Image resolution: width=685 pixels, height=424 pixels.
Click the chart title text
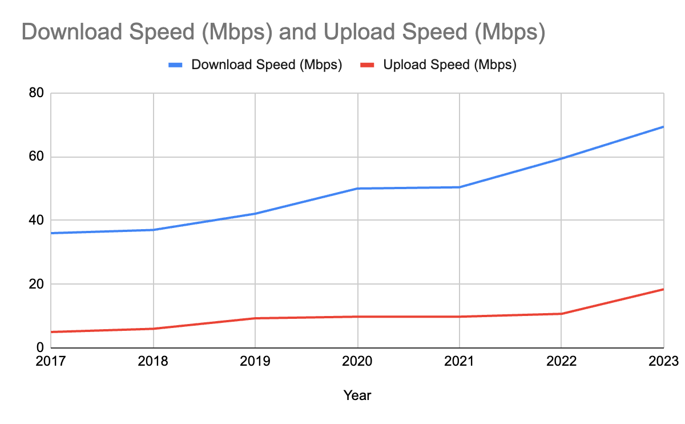click(x=283, y=33)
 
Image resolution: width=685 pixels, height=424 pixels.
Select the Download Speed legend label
click(x=267, y=65)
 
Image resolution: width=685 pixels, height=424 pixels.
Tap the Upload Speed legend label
click(x=450, y=65)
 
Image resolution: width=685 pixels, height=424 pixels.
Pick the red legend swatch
click(x=368, y=65)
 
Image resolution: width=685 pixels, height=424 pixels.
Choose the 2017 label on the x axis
click(x=51, y=362)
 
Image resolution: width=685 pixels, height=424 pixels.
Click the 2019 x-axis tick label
click(x=255, y=362)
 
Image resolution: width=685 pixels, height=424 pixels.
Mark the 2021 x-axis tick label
click(x=460, y=362)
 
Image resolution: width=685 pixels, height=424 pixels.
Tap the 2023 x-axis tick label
click(x=663, y=362)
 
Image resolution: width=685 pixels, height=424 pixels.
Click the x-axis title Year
click(x=357, y=395)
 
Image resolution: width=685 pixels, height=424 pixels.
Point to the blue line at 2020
click(x=357, y=189)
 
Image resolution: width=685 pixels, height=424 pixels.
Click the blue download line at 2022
click(x=562, y=158)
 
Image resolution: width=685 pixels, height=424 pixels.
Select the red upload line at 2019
click(x=255, y=318)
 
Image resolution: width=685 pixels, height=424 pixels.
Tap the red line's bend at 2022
click(x=562, y=314)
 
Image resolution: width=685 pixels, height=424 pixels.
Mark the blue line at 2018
click(x=153, y=230)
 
